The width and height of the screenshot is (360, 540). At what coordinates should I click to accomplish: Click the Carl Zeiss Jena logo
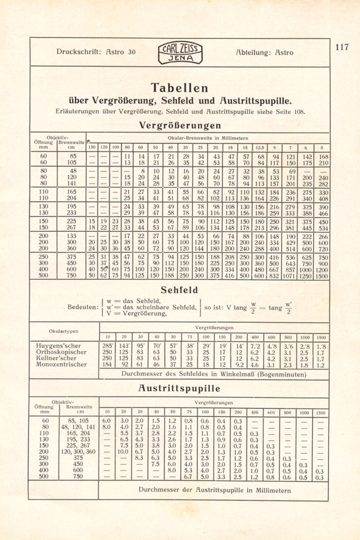(180, 53)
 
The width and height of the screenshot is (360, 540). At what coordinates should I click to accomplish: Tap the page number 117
(342, 47)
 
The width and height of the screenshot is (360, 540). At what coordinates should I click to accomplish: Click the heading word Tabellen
(179, 88)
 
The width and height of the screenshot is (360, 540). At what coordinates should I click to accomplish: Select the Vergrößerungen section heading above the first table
(180, 125)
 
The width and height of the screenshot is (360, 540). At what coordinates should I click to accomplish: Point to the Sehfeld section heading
(179, 290)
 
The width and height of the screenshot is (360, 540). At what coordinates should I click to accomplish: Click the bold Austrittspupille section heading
(179, 388)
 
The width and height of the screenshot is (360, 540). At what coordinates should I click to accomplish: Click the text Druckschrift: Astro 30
(96, 52)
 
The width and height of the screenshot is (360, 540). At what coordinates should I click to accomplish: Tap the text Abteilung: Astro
(264, 52)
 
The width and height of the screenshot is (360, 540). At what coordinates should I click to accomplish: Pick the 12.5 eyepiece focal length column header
(260, 147)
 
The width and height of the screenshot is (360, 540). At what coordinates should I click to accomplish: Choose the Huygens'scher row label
(58, 346)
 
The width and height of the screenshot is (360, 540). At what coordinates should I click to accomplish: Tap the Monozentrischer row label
(61, 364)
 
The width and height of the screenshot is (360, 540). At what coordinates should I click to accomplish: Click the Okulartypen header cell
(64, 331)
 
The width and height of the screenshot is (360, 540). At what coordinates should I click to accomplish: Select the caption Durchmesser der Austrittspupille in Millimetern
(214, 490)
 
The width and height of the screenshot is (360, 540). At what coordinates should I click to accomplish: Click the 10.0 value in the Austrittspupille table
(123, 452)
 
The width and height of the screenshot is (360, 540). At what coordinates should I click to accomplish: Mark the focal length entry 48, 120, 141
(78, 427)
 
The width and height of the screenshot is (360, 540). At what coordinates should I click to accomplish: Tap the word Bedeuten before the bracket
(83, 307)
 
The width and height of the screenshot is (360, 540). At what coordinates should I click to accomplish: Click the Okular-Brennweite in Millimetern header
(208, 138)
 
